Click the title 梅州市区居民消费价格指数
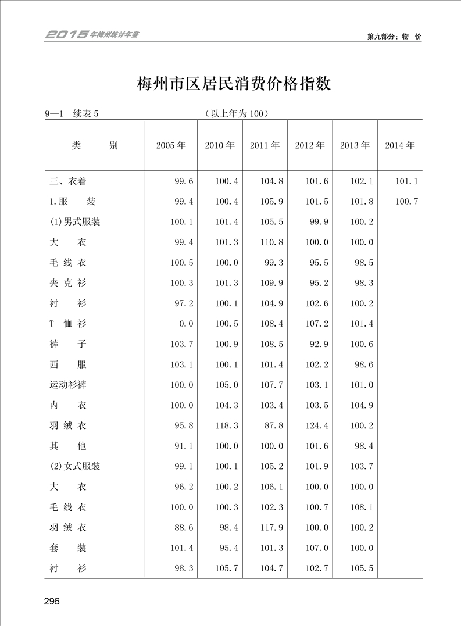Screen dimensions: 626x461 (x=234, y=84)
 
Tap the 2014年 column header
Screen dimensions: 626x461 (x=400, y=146)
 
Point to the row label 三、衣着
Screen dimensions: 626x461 (x=68, y=181)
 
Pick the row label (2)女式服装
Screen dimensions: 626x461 (x=75, y=467)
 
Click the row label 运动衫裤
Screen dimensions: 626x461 (x=68, y=385)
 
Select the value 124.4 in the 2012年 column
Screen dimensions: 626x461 (x=317, y=426)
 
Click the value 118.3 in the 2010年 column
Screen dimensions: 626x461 (x=227, y=426)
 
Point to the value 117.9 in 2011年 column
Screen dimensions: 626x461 (x=271, y=528)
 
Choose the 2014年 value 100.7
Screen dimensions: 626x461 (x=407, y=202)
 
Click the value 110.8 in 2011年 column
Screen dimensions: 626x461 (x=271, y=242)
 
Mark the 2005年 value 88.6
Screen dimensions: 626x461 (x=184, y=528)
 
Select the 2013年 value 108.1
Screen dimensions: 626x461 (x=362, y=507)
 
